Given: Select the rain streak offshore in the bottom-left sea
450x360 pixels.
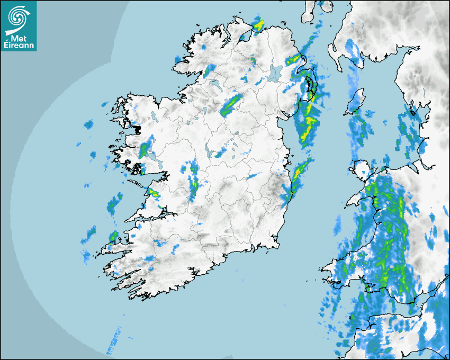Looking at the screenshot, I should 113,342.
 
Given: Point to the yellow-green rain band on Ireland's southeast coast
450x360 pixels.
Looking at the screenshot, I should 300,172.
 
